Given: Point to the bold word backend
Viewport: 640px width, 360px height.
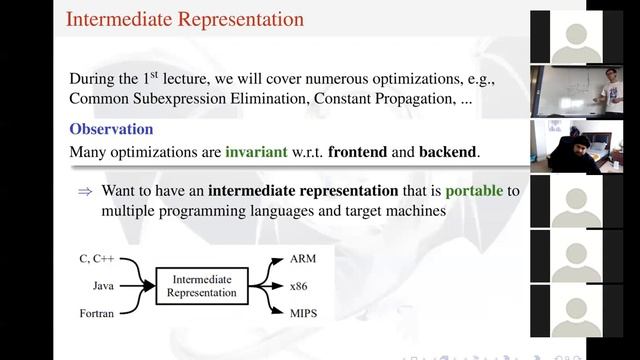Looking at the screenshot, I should pyautogui.click(x=447, y=152).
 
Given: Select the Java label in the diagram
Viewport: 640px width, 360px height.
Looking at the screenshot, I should pyautogui.click(x=102, y=286).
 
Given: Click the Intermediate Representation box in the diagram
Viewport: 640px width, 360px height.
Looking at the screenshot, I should pyautogui.click(x=203, y=286).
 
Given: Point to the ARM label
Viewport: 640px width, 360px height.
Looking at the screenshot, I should pyautogui.click(x=303, y=258).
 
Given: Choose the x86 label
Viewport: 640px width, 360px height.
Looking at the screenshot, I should pyautogui.click(x=300, y=286).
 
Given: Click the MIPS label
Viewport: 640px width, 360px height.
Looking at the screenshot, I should pyautogui.click(x=304, y=314).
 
